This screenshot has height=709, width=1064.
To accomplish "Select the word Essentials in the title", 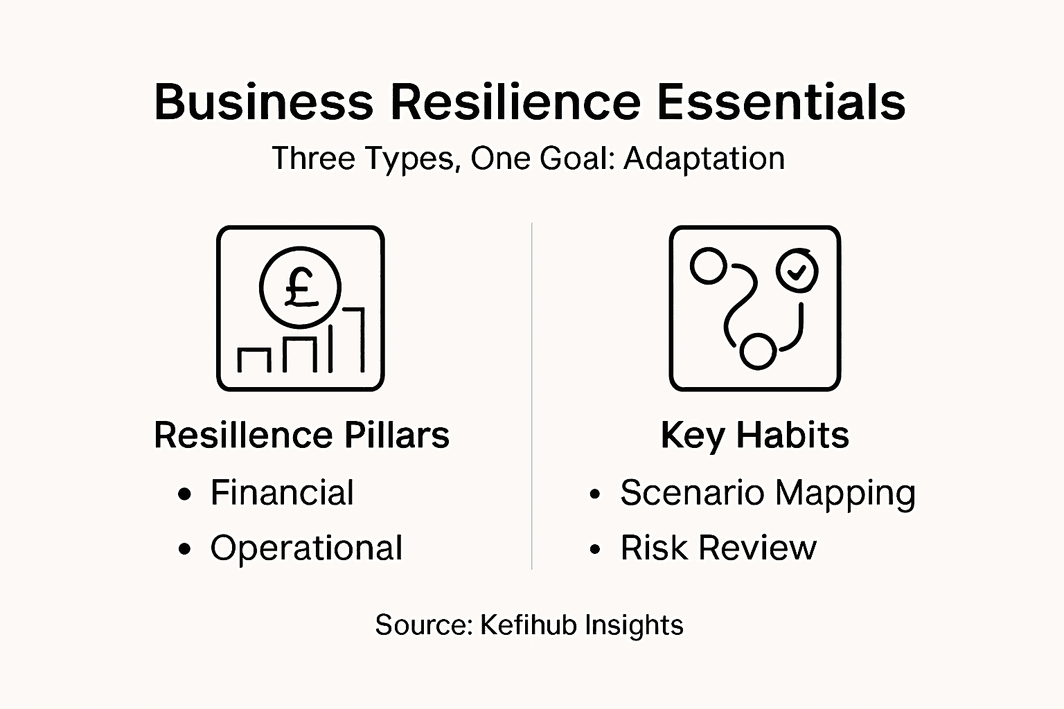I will tap(781, 102).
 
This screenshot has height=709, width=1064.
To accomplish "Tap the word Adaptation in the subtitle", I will tap(704, 159).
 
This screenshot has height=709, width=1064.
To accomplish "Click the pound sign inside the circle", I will tap(301, 287).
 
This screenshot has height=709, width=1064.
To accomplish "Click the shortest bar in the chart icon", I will tap(254, 359).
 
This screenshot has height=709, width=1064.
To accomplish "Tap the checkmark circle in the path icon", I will tap(797, 271).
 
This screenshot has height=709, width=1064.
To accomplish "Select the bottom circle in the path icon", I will tap(758, 351).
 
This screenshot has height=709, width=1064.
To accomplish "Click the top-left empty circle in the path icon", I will tap(709, 266).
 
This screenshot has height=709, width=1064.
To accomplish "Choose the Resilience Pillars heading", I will tap(301, 436).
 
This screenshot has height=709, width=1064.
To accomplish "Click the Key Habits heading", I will tap(754, 436).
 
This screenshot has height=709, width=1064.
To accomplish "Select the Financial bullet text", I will tap(282, 493).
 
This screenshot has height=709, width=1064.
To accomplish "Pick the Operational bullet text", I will tap(306, 548).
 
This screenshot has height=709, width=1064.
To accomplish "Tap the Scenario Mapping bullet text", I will tap(768, 493).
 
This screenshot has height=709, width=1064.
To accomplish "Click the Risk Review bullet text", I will tap(718, 548).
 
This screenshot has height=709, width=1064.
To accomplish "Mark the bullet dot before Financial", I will tap(184, 494).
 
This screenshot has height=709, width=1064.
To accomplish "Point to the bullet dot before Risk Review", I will tap(594, 550).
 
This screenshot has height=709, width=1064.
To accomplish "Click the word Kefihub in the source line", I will tap(528, 625).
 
